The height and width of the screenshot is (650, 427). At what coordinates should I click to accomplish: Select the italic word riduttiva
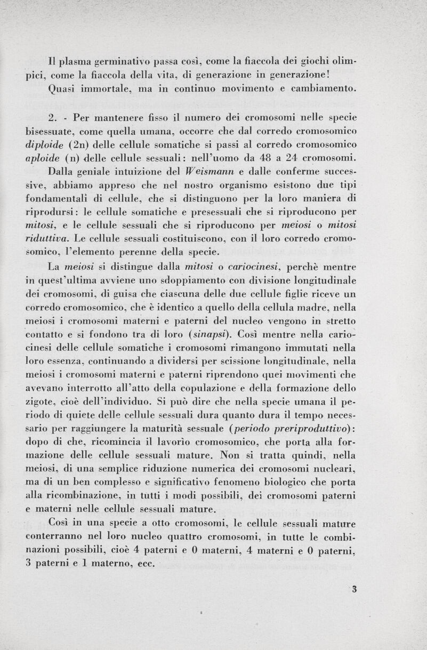coord(45,238)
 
